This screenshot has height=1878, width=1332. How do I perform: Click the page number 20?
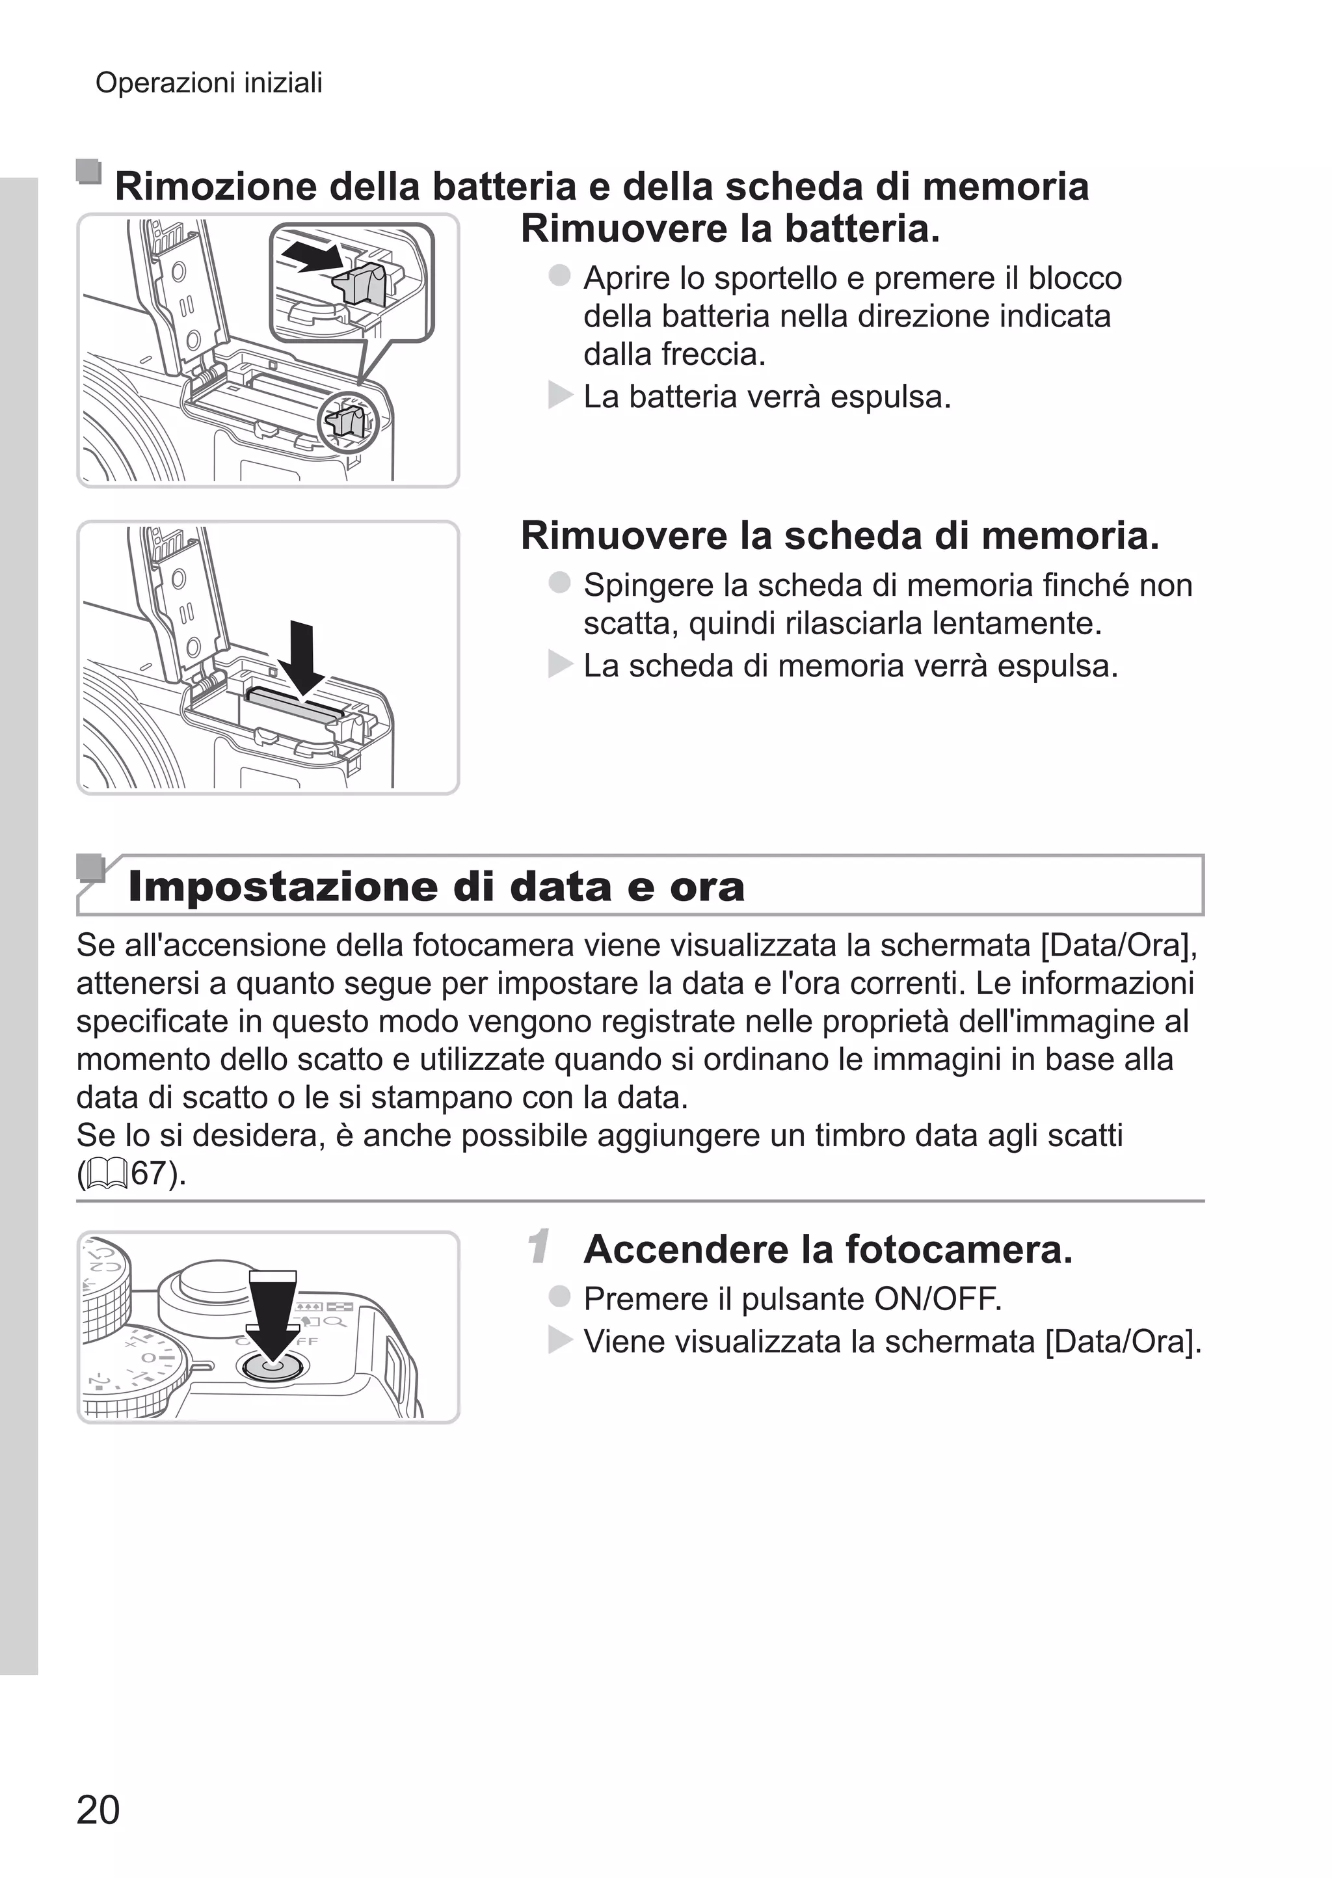click(98, 1810)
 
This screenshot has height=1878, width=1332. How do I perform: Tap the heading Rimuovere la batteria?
click(730, 229)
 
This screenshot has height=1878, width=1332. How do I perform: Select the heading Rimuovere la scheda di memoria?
click(840, 535)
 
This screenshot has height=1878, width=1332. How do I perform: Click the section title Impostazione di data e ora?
click(436, 887)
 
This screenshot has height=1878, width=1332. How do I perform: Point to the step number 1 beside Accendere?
click(539, 1248)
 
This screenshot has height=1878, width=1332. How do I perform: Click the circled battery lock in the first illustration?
click(349, 422)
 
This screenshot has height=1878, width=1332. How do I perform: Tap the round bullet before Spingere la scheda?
click(559, 583)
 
